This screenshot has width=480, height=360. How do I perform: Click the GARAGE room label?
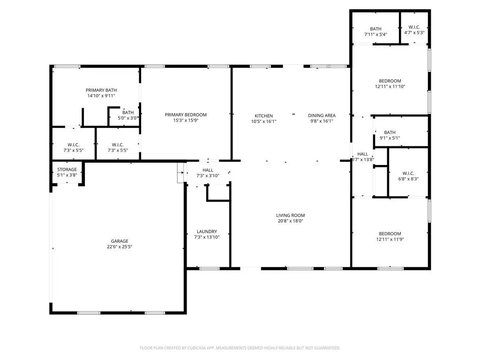pyautogui.click(x=120, y=241)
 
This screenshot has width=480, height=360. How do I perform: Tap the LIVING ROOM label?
pyautogui.click(x=291, y=216)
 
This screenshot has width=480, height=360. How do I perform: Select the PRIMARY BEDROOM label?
pyautogui.click(x=186, y=115)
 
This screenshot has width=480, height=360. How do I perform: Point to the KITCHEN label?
pyautogui.click(x=263, y=116)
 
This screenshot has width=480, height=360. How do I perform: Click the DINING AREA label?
pyautogui.click(x=322, y=116)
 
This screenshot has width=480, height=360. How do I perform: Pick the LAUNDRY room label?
pyautogui.click(x=207, y=232)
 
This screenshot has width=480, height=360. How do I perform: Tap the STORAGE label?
pyautogui.click(x=67, y=170)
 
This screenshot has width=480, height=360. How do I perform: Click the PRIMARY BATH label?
pyautogui.click(x=101, y=90)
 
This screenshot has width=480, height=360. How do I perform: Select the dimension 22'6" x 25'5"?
pyautogui.click(x=120, y=247)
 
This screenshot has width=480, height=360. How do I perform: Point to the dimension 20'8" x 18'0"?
pyautogui.click(x=291, y=221)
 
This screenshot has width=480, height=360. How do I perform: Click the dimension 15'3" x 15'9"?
pyautogui.click(x=186, y=120)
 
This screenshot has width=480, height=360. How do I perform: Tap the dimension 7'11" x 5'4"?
pyautogui.click(x=375, y=35)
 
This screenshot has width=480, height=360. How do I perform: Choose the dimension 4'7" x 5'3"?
pyautogui.click(x=414, y=33)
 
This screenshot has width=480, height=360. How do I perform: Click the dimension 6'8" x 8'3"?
pyautogui.click(x=408, y=179)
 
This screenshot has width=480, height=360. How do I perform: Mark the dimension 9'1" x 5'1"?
pyautogui.click(x=390, y=138)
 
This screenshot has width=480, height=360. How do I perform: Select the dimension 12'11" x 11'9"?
pyautogui.click(x=390, y=240)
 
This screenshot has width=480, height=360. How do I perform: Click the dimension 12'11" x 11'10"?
pyautogui.click(x=390, y=87)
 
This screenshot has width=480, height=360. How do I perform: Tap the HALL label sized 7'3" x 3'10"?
pyautogui.click(x=208, y=170)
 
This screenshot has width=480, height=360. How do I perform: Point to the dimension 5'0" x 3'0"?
pyautogui.click(x=128, y=118)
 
